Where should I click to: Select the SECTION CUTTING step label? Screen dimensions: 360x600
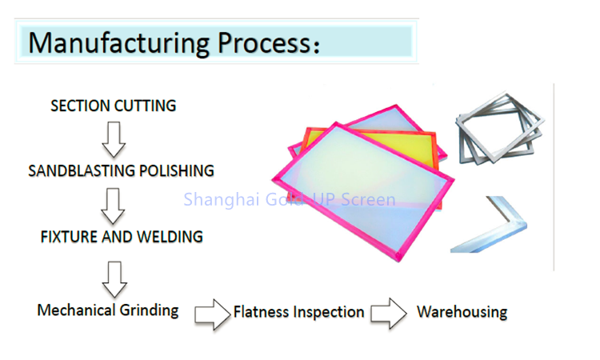(113, 106)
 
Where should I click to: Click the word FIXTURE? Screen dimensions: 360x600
(67, 237)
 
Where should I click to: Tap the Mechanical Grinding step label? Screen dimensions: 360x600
(108, 310)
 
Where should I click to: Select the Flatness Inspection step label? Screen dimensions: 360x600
(298, 312)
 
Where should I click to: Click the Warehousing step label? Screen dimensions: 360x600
(462, 311)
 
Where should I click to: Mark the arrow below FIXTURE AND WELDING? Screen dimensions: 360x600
(114, 277)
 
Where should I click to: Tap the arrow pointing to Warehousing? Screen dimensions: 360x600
(389, 314)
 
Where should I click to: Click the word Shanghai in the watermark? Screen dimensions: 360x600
(217, 198)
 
